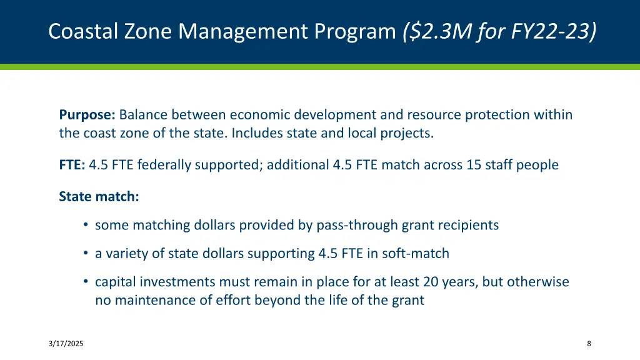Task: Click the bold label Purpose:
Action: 87,115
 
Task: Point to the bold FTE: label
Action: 72,165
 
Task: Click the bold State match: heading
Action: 99,196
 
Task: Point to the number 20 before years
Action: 430,282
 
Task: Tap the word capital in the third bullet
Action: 114,282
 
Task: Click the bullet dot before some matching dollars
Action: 85,225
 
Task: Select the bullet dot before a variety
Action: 85,254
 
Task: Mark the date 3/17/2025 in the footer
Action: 66,344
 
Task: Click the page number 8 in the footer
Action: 589,344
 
